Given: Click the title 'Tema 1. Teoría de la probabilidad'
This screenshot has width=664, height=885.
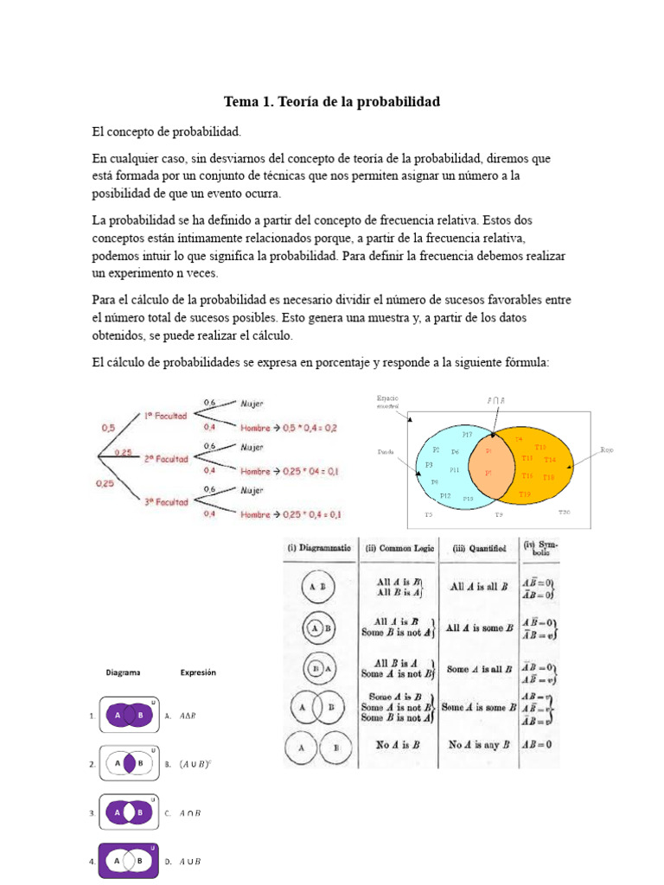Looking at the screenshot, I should pyautogui.click(x=332, y=102).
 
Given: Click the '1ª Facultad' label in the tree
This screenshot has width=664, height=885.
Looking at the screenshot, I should pyautogui.click(x=165, y=416).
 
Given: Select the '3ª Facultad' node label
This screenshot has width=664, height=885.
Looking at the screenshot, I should pyautogui.click(x=166, y=502).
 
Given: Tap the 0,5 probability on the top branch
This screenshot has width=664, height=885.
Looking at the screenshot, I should pyautogui.click(x=108, y=427).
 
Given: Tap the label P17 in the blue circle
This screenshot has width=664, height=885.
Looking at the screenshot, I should pyautogui.click(x=468, y=434).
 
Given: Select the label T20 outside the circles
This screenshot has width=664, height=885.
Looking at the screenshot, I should pyautogui.click(x=564, y=513).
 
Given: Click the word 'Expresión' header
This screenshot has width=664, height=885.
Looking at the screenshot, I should pyautogui.click(x=198, y=672).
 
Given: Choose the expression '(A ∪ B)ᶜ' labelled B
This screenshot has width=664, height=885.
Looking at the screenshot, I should pyautogui.click(x=194, y=765).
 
